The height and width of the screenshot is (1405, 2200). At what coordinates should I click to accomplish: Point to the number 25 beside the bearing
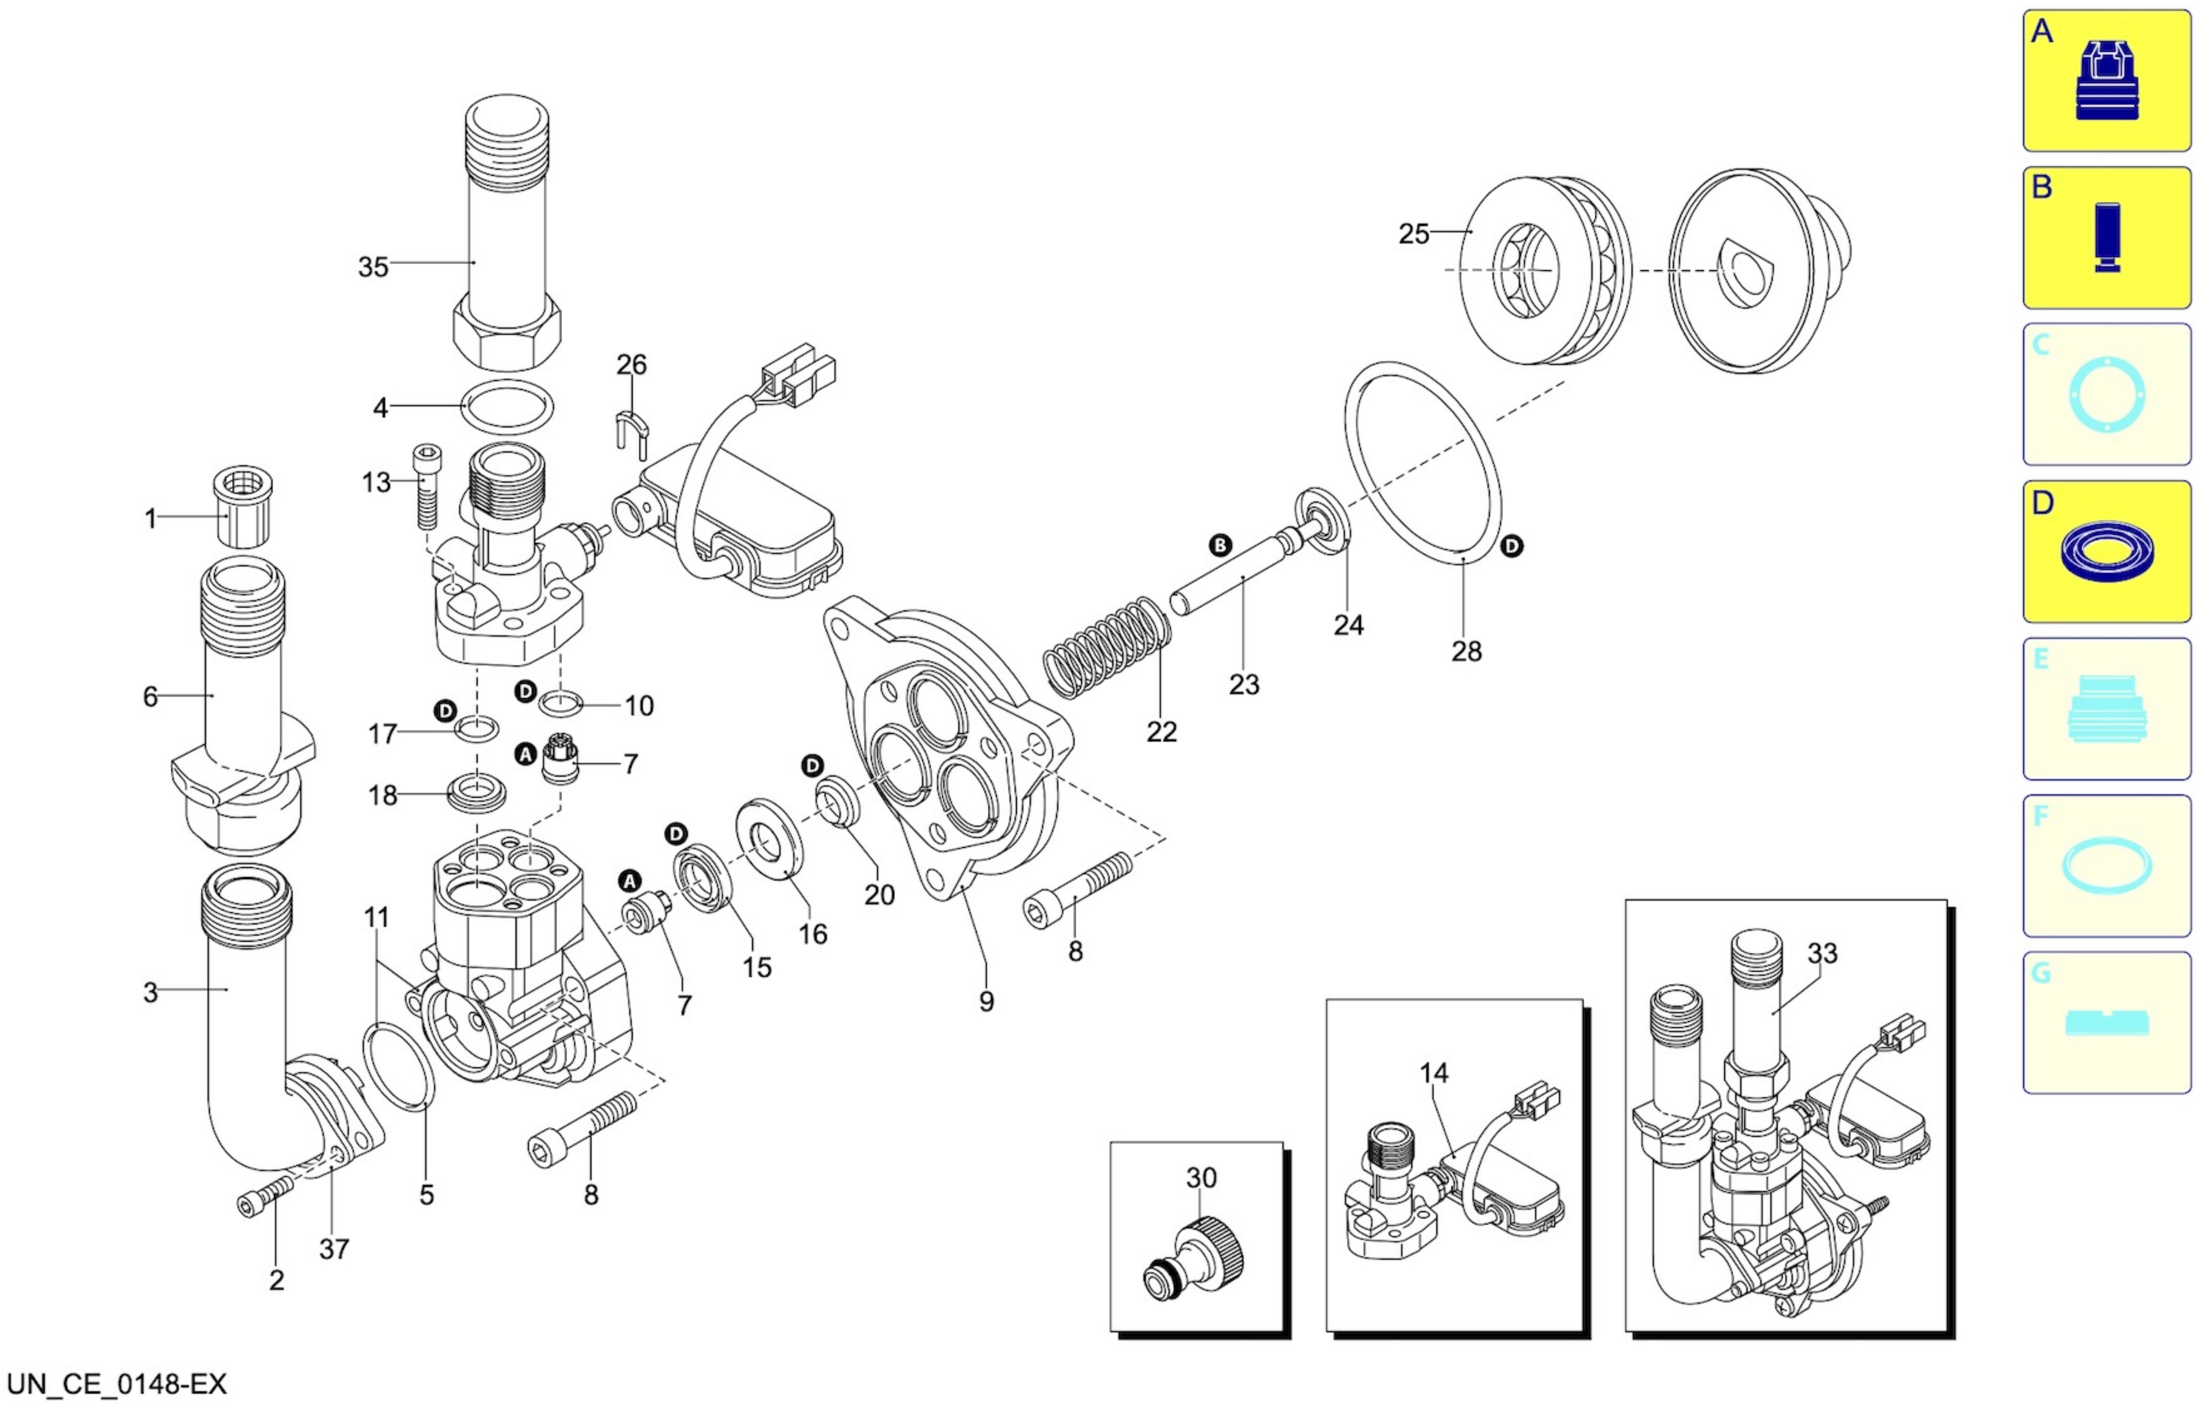(x=1414, y=234)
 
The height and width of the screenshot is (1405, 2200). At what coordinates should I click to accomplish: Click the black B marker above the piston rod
(x=1220, y=546)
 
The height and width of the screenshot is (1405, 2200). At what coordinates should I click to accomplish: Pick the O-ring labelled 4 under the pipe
(x=507, y=407)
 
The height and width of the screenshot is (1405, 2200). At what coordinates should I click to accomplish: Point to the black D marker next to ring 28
(x=1512, y=546)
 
